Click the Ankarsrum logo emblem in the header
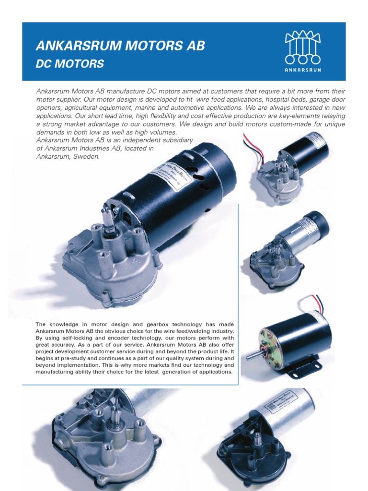pyautogui.click(x=302, y=47)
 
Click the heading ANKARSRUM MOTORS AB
pyautogui.click(x=120, y=46)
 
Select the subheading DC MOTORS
pyautogui.click(x=70, y=63)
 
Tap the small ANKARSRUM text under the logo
pyautogui.click(x=302, y=70)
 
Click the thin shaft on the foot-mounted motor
pyautogui.click(x=252, y=356)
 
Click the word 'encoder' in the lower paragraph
pyautogui.click(x=120, y=338)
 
